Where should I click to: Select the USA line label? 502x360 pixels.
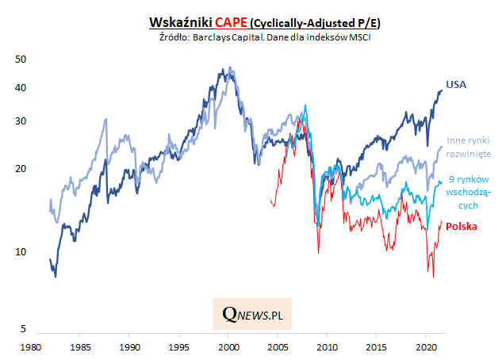pyautogui.click(x=455, y=84)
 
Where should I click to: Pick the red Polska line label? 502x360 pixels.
pyautogui.click(x=462, y=227)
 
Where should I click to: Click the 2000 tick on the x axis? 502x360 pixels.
pyautogui.click(x=228, y=347)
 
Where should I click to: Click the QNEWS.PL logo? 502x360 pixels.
pyautogui.click(x=253, y=315)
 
